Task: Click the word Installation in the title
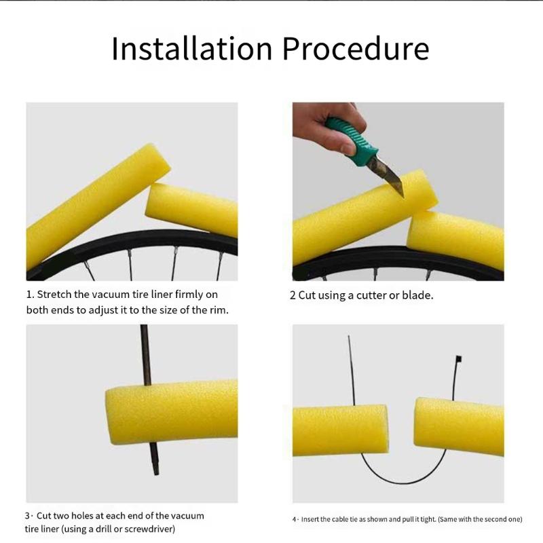192,48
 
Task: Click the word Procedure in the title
356,48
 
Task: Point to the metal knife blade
387,176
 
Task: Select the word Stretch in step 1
54,295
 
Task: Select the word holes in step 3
82,516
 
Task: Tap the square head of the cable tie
459,358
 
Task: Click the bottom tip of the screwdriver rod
156,473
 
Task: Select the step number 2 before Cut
293,295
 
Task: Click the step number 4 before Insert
295,519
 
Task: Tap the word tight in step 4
429,519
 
